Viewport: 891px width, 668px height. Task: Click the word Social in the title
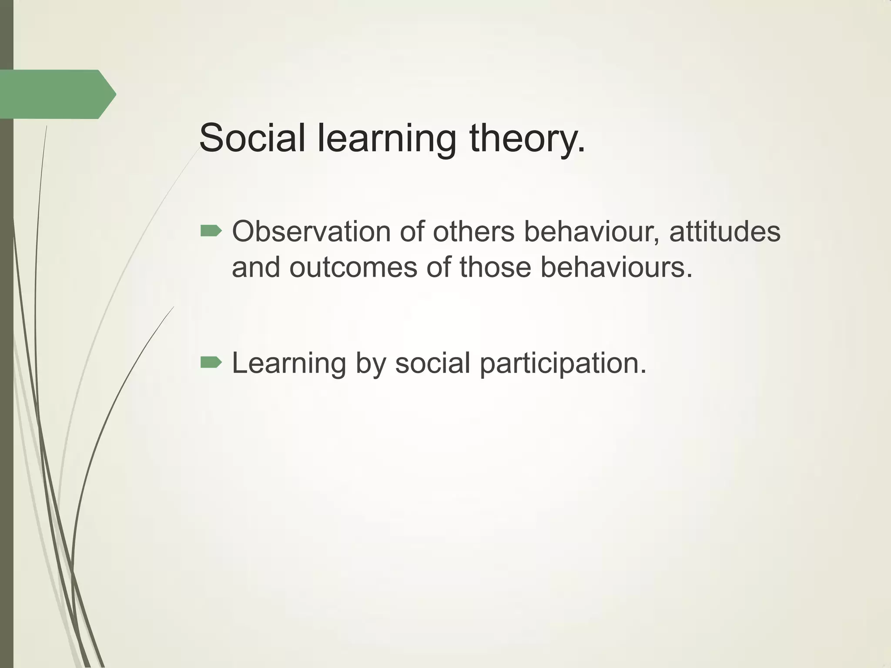click(252, 138)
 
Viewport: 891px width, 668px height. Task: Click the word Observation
click(311, 232)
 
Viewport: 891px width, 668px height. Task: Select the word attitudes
click(725, 232)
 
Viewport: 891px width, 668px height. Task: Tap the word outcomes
click(353, 267)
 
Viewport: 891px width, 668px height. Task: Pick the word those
click(495, 267)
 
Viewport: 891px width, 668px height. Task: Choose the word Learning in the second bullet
click(289, 364)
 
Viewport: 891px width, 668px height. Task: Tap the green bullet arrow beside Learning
click(211, 362)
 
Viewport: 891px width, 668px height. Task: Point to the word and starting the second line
click(256, 267)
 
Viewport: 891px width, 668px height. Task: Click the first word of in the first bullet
click(412, 232)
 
